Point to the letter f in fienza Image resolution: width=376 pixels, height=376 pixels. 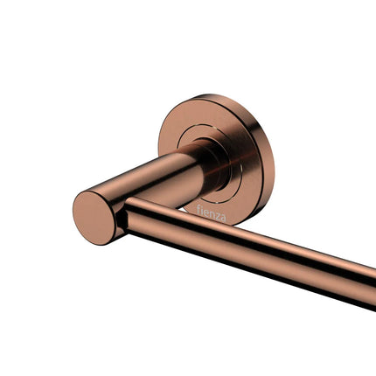pos(199,209)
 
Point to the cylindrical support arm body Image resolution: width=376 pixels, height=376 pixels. pos(149,184)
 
